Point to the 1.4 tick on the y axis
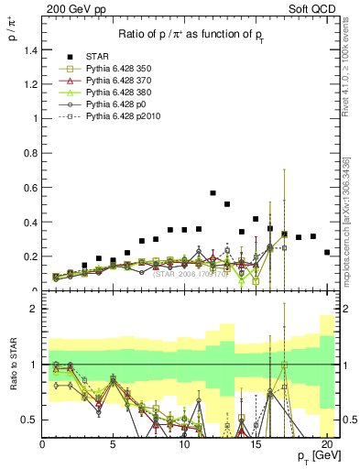tap(29, 50)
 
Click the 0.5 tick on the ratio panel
tap(29, 420)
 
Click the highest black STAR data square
tap(213, 193)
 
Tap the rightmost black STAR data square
tap(327, 252)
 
